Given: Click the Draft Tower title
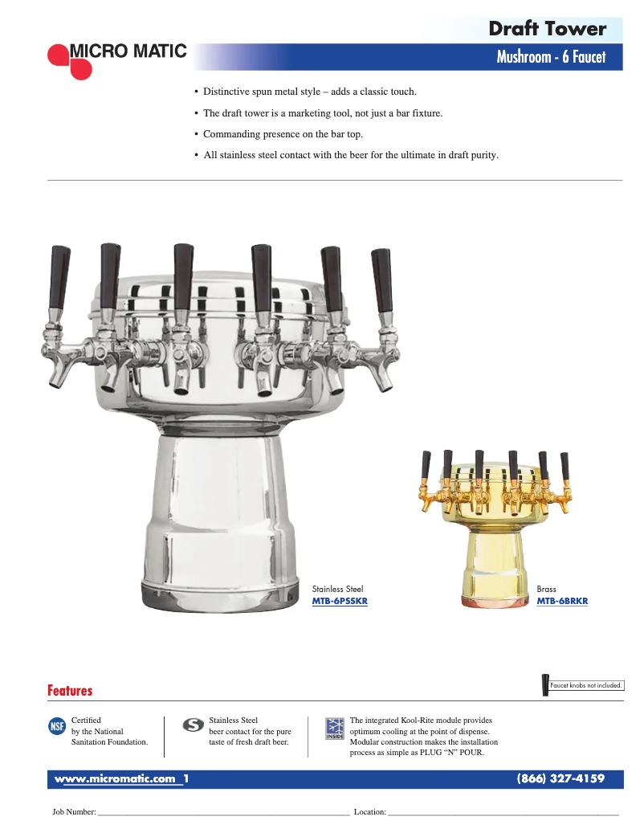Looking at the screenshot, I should pos(548,29).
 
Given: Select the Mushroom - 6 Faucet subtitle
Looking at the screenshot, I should pos(551,57).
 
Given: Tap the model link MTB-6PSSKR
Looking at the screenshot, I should pos(340,601).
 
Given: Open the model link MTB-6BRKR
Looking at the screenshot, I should pos(562,601).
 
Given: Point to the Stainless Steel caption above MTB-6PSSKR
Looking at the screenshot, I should pos(337,590).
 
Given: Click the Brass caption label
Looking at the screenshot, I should pos(546,590).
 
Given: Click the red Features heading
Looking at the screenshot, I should pos(70,691).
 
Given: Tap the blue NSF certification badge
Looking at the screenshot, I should pos(58,727).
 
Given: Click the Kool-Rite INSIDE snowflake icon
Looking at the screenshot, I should pos(335,729).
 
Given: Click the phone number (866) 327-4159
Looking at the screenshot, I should pos(560,779).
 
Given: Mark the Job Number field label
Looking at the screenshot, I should pos(75,813).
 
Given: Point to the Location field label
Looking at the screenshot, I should pos(370,813).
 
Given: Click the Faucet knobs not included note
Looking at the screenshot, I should pos(586,686).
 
